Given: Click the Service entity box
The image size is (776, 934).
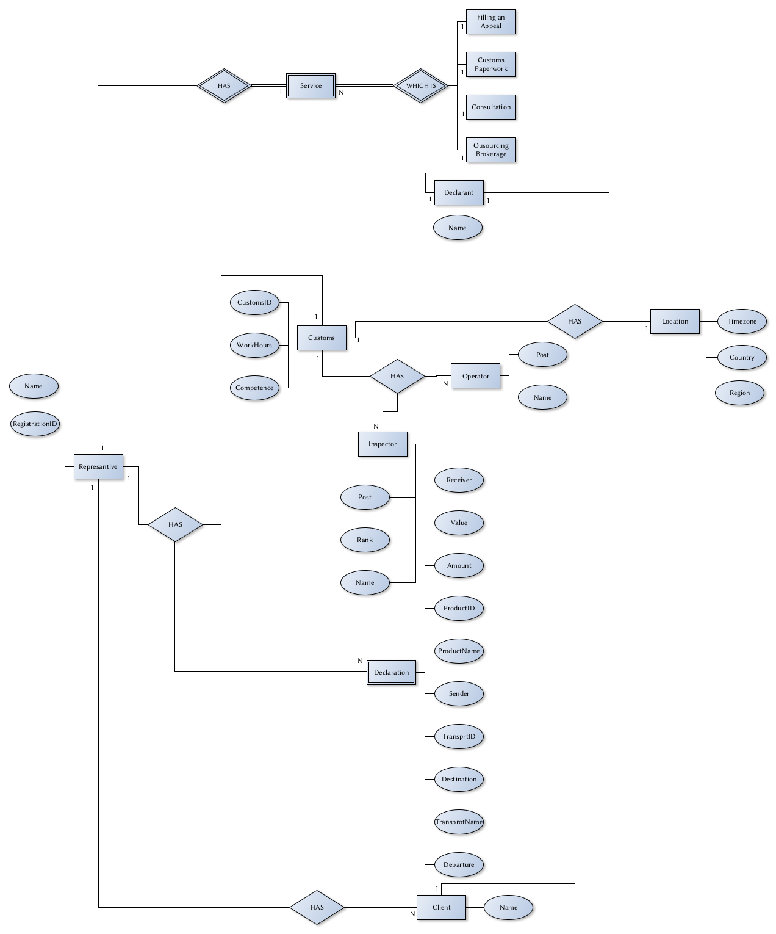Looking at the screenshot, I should tap(311, 85).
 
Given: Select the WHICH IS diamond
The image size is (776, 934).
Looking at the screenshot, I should tap(421, 85).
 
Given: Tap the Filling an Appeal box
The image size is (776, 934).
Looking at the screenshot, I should tap(490, 22).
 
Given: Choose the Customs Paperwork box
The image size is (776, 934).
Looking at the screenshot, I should tap(490, 64).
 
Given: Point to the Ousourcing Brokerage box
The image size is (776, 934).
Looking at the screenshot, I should tap(490, 150).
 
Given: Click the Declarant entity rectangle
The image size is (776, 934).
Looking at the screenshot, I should tap(458, 192).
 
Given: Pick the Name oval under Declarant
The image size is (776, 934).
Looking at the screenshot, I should tap(458, 228).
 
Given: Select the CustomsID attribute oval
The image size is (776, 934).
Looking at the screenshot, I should tap(254, 302).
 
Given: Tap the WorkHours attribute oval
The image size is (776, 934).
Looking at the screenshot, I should tap(254, 345).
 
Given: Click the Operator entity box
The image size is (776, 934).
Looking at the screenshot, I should tap(475, 376).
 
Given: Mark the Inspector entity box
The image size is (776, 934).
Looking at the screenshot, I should tap(383, 444).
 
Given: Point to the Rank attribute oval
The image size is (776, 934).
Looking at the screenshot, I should tap(365, 540).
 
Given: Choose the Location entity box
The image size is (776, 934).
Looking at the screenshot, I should tap(675, 321).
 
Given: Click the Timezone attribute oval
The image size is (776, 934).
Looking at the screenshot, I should tap(742, 321).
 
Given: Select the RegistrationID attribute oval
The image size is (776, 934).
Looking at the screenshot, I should tap(35, 424).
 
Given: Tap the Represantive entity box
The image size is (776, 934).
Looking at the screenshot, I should tap(98, 466).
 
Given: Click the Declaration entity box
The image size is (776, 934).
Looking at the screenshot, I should tap(391, 672).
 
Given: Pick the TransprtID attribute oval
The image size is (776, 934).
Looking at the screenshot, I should tap(459, 736).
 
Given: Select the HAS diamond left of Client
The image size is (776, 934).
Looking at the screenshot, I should tap(317, 907).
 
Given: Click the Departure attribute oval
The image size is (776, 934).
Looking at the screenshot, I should tap(459, 864).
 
